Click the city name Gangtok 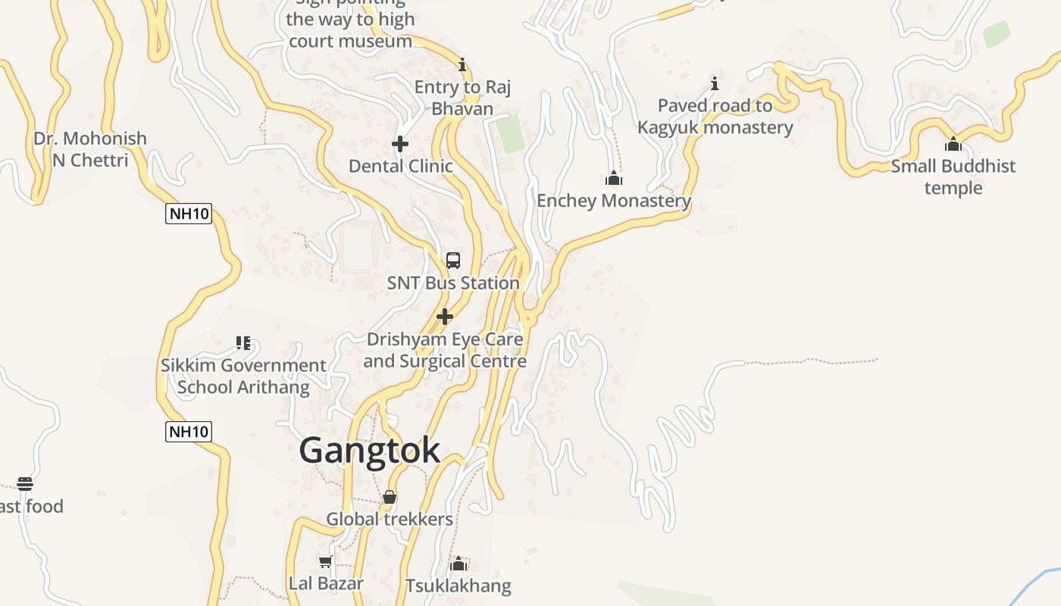point(369,451)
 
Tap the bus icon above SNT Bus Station point(453,261)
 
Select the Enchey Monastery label point(614,201)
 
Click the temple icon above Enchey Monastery point(614,179)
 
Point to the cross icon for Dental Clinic point(400,143)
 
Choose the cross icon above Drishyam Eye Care point(445,317)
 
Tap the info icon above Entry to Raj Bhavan point(462,64)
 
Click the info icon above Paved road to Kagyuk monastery point(714,83)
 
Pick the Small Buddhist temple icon point(953,144)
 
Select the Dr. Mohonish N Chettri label point(90,149)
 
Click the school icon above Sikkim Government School point(243,343)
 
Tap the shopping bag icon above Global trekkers point(390,497)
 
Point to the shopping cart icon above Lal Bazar point(326,561)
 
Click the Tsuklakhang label point(459,586)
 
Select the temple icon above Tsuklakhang point(459,564)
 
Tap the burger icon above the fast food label point(25,484)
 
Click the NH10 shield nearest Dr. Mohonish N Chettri point(189,214)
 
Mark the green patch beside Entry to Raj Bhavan point(511,133)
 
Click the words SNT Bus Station point(453,283)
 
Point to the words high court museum point(350,30)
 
